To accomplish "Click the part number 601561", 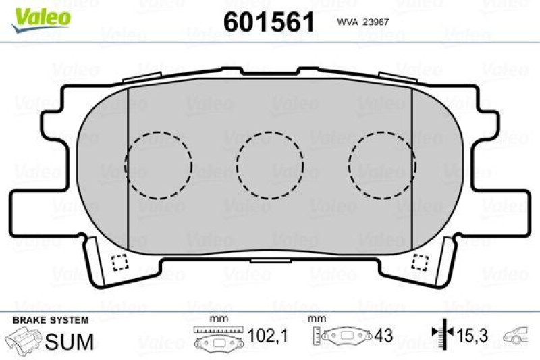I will [x=269, y=22].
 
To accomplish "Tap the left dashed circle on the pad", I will [x=159, y=164].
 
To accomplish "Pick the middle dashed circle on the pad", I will [x=270, y=164].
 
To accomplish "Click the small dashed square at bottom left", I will [x=119, y=261].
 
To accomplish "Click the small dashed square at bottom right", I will [x=421, y=261].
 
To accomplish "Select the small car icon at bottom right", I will [x=518, y=336].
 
